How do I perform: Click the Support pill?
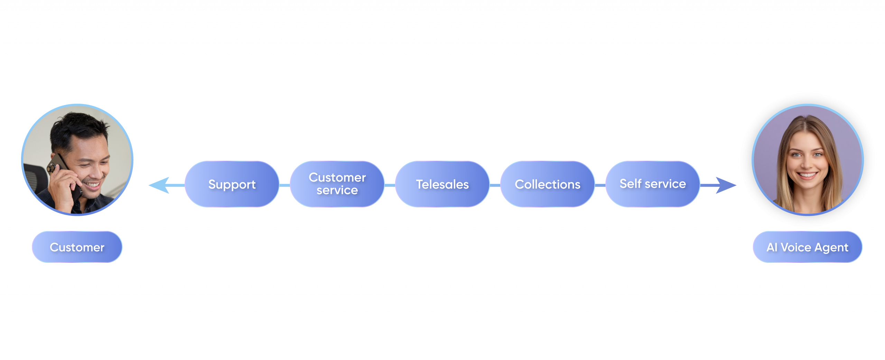coord(232,184)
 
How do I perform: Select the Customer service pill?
coord(337,184)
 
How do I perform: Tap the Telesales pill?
coord(442,184)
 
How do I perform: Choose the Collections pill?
coord(547,184)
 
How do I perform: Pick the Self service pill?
coord(652,184)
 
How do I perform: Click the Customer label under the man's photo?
coord(77,247)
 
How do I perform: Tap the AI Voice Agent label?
coord(807,247)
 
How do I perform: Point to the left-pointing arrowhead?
coord(159,185)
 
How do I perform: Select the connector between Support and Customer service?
coord(285,185)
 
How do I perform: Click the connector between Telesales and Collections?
coord(495,185)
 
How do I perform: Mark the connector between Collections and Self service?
coord(600,185)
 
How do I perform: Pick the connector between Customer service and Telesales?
coord(390,185)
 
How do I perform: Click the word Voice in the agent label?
coord(796,247)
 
